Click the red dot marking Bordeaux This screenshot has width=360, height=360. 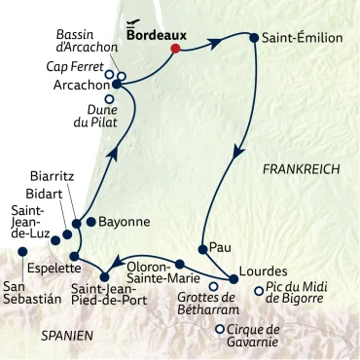[175, 49]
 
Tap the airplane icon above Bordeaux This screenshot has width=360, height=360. [135, 20]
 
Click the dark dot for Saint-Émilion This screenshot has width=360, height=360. [255, 39]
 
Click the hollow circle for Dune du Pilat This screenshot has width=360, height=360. [109, 98]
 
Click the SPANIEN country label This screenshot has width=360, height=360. [67, 335]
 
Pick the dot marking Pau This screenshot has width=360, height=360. [202, 249]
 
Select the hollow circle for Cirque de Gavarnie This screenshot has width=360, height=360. [221, 329]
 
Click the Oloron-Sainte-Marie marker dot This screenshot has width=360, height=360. [180, 264]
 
